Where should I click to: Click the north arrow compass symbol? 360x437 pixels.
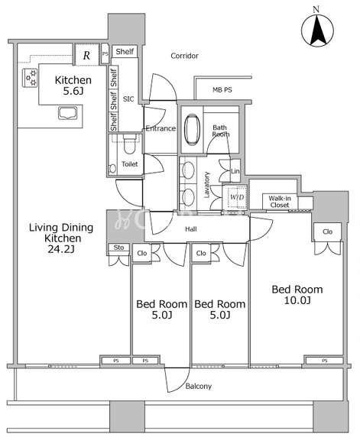click(317, 30)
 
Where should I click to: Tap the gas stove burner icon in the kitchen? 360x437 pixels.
click(30, 78)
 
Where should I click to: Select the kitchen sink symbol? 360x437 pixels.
click(68, 113)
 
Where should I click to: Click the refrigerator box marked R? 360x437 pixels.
click(86, 55)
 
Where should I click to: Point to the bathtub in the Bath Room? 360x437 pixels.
click(192, 129)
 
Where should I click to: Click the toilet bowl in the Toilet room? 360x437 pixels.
click(129, 144)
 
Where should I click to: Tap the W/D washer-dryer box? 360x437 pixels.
click(237, 197)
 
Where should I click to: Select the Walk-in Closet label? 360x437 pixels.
click(280, 202)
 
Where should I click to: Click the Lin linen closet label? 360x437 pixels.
click(235, 171)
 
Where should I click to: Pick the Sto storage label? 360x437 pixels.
click(118, 248)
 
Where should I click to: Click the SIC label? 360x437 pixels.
click(128, 99)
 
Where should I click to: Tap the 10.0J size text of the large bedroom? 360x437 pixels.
click(297, 300)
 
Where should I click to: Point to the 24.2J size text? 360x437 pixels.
click(61, 249)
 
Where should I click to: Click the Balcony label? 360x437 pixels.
click(199, 386)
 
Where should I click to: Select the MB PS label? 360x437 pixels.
click(222, 89)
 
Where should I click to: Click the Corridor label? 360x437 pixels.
click(185, 56)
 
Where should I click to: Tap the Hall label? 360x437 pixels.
click(191, 229)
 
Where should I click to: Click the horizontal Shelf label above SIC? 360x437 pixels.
click(125, 51)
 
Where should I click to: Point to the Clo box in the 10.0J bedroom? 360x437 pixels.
click(328, 231)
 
